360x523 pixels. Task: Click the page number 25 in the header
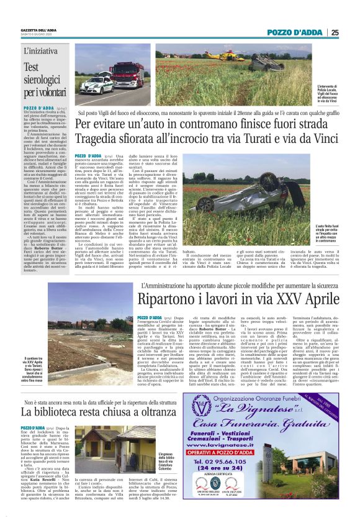point(335,32)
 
